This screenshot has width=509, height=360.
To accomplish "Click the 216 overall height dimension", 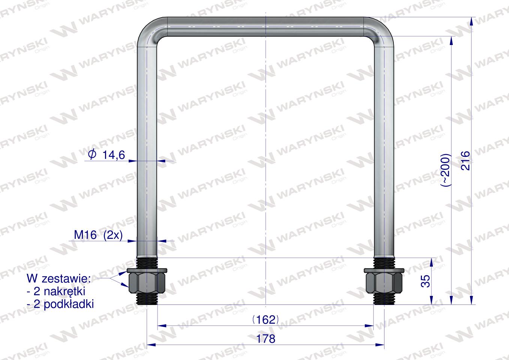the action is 465,160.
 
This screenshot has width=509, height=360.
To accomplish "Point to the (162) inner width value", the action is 266,320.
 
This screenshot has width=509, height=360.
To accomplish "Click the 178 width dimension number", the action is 266,339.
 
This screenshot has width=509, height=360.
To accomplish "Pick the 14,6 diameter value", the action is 114,155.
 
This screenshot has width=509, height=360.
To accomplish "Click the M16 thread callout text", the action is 85,235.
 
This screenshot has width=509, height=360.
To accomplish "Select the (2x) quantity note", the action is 113,235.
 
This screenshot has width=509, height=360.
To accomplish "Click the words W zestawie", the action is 59,279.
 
